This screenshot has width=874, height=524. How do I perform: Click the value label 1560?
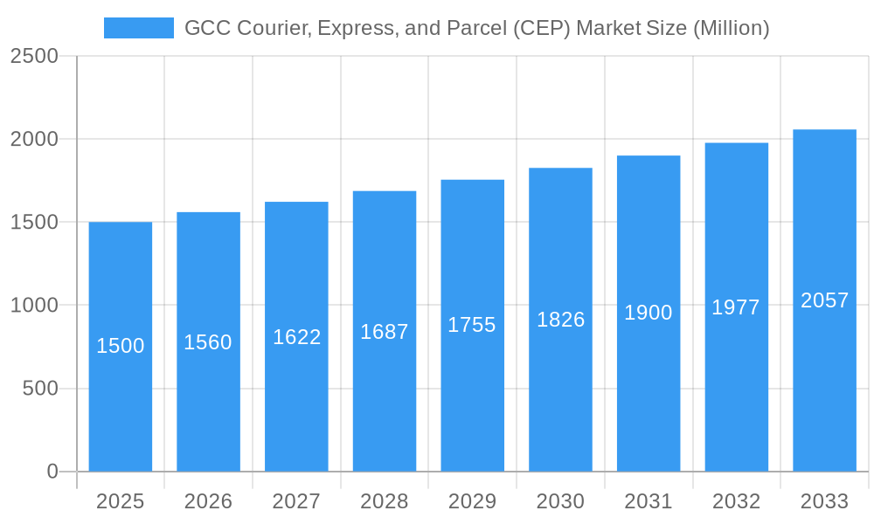pos(208,342)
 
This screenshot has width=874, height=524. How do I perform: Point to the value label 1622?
pos(297,337)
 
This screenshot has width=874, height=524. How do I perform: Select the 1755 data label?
pos(472,325)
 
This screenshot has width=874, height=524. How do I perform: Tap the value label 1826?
pos(560,320)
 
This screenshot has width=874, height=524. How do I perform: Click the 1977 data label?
pos(736,307)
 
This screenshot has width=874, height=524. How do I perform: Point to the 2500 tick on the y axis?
pos(34,56)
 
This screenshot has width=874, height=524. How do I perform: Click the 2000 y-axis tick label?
pos(34,139)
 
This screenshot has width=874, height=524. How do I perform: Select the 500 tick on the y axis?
pos(40,389)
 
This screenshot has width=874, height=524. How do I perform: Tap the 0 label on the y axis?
pos(52,472)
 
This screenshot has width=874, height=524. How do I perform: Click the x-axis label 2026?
pos(208,501)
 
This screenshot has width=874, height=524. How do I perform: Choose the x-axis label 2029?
pos(472,501)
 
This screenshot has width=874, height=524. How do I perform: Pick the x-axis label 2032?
pos(736,501)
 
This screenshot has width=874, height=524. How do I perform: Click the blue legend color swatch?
pos(138,28)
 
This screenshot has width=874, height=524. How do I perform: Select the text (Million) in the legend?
pos(731,28)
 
